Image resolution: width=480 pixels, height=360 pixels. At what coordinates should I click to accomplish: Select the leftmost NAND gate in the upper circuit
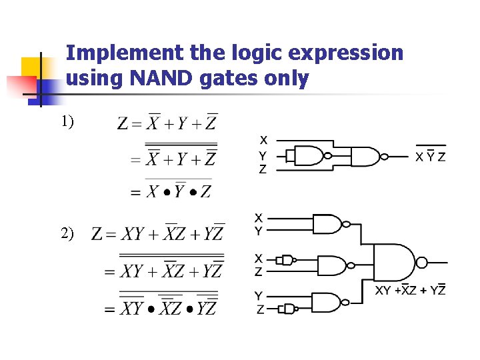tap(309, 156)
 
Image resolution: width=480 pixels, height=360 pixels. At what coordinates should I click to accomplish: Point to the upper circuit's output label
tap(431, 157)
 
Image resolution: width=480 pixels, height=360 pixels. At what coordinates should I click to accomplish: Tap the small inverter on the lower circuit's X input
tap(287, 259)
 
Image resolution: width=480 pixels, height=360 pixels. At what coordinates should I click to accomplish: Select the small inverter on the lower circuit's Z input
tap(288, 309)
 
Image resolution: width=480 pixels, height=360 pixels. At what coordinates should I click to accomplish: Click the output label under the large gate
tap(410, 290)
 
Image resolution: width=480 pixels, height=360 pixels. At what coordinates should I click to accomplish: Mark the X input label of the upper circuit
tap(263, 140)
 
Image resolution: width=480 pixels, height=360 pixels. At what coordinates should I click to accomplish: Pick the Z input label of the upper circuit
tap(263, 169)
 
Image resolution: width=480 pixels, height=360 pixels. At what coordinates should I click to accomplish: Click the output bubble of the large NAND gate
tap(421, 262)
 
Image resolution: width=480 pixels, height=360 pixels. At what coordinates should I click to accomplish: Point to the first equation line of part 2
tap(158, 233)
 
